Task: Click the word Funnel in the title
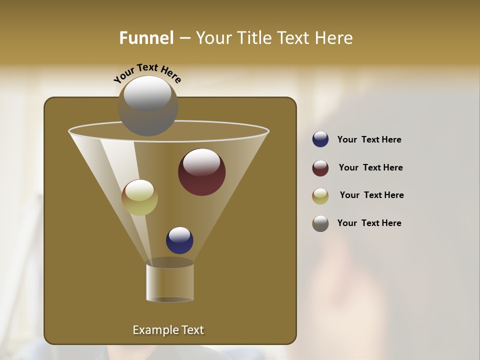[146, 38]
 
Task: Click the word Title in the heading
[251, 38]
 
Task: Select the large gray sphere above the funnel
[148, 106]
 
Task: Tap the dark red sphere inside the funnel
[202, 172]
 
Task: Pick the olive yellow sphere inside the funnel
[139, 197]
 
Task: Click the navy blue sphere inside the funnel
[179, 240]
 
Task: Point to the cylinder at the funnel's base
[170, 282]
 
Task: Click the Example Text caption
[168, 330]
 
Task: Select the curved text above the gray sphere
[147, 73]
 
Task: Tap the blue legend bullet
[320, 139]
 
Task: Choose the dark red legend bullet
[320, 168]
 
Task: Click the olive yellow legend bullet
[320, 196]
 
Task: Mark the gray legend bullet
[320, 223]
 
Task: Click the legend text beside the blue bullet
[369, 140]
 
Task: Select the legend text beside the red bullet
[370, 168]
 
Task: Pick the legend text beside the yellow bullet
[371, 195]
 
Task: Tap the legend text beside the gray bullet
[369, 223]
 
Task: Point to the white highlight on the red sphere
[201, 162]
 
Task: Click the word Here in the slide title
[334, 38]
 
